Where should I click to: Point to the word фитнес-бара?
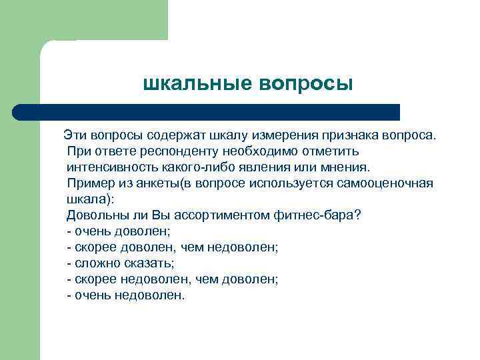[x=315, y=215]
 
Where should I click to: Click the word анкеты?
[x=149, y=183]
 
